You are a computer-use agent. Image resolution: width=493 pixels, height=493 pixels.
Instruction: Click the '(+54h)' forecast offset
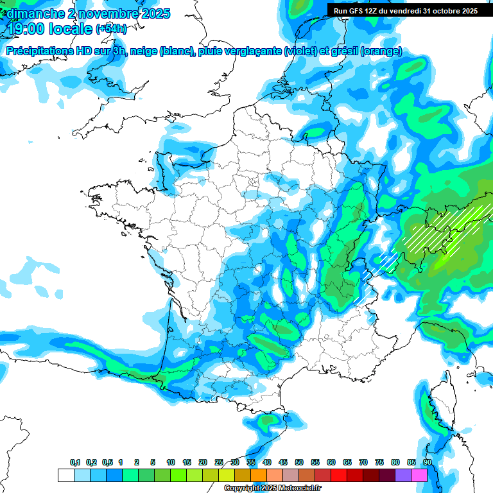click(x=111, y=29)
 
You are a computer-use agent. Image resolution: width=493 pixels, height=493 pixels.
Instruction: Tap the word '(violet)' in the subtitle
click(x=300, y=51)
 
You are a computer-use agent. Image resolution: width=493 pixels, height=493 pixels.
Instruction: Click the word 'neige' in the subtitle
click(x=143, y=51)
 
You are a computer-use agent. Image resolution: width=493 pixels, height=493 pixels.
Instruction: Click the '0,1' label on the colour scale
click(x=75, y=463)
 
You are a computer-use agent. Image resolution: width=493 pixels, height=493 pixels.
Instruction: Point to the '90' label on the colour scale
click(x=427, y=463)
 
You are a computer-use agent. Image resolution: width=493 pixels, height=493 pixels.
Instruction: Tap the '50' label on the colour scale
click(x=299, y=463)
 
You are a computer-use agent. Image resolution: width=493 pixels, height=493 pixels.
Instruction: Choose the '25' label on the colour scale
click(x=219, y=463)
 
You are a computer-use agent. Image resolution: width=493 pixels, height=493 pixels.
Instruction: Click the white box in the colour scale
click(x=65, y=475)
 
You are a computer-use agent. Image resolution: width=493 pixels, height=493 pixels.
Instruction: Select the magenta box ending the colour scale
click(x=419, y=475)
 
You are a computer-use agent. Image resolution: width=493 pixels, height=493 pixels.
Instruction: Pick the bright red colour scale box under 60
click(x=339, y=475)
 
